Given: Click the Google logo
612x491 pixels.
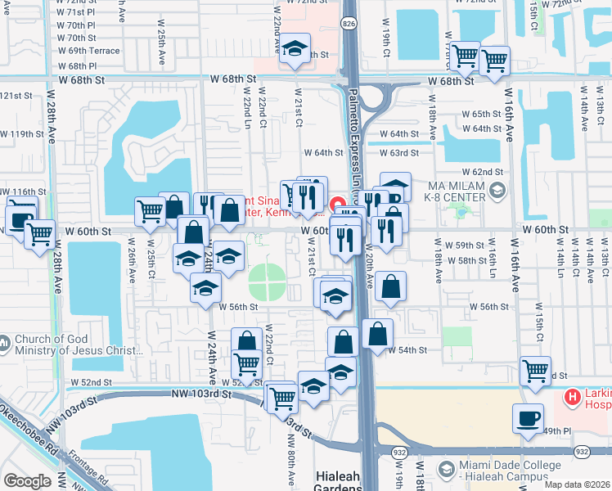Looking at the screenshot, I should (26, 481).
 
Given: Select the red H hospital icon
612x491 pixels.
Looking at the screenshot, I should (572, 398).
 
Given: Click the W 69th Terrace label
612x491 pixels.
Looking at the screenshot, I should (88, 51).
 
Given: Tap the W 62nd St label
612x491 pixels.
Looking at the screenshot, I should (482, 172).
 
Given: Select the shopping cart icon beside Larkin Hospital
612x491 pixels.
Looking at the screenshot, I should (534, 370).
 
